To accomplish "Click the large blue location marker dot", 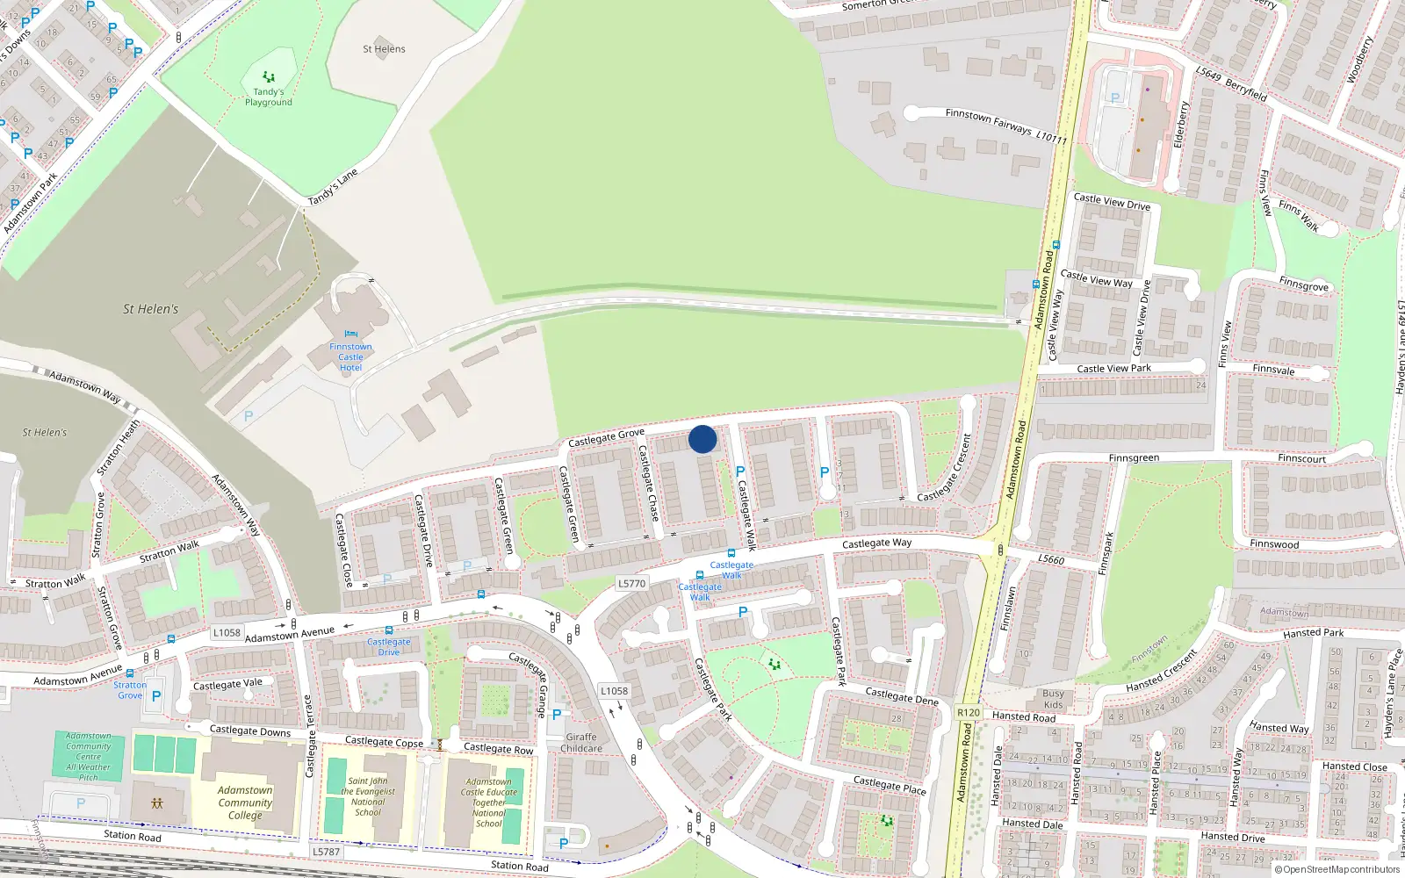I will click(x=702, y=439).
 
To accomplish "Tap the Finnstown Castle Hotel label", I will click(x=350, y=357).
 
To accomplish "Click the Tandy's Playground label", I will click(x=269, y=97).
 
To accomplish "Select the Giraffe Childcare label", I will click(x=581, y=743).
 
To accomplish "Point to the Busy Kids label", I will click(x=1053, y=699).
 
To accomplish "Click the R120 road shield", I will click(x=968, y=713).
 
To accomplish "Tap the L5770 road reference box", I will click(x=631, y=583).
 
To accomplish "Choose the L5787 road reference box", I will click(x=326, y=852).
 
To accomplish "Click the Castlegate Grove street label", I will click(x=606, y=436).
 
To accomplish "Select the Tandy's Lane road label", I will click(x=333, y=187).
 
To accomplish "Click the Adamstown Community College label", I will click(x=245, y=802).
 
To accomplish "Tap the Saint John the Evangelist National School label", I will click(x=368, y=796).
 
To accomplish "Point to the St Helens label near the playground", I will click(x=384, y=49).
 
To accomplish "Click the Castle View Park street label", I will click(x=1113, y=369).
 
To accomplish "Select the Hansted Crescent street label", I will click(x=1162, y=671).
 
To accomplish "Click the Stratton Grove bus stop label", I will click(x=130, y=690).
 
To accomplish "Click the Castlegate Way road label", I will click(x=876, y=543).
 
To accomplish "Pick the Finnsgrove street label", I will click(x=1303, y=285).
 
